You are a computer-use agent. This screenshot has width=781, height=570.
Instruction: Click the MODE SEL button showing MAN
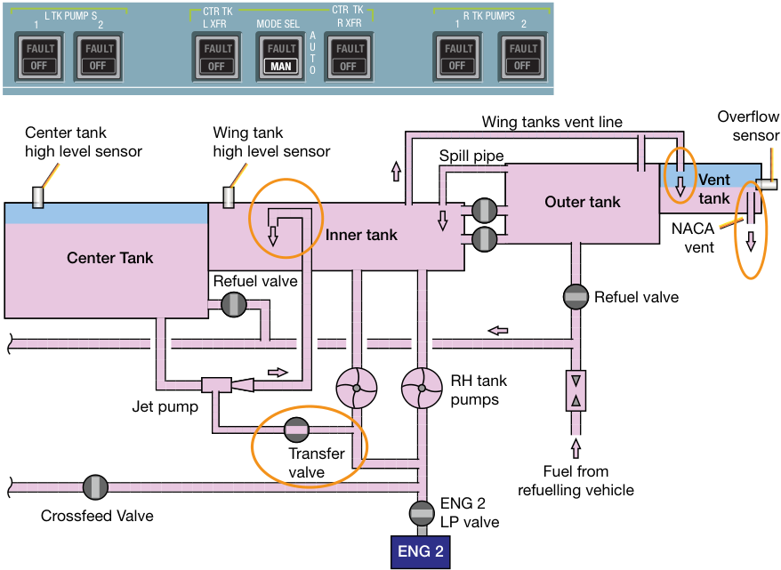coord(280,57)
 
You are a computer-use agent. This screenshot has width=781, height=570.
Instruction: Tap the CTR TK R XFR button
coord(349,57)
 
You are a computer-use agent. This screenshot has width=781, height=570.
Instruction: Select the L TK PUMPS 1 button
coord(39,57)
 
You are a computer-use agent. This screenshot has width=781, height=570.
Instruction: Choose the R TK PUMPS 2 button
coord(522,57)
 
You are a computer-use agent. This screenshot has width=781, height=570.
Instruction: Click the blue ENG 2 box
coord(421,551)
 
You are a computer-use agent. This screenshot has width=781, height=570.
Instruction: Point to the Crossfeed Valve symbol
coord(95,487)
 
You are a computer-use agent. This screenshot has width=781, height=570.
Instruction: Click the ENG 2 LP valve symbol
coord(422,513)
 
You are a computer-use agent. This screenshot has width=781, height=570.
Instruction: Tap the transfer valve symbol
coord(296,430)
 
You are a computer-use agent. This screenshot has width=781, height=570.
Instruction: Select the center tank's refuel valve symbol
coord(234,304)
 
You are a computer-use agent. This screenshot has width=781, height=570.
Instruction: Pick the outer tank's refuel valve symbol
coord(576,297)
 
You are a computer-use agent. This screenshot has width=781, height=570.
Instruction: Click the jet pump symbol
coord(228,385)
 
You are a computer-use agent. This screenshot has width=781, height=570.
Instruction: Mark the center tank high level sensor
coord(38,197)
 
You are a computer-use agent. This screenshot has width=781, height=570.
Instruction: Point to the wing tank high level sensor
coord(229,197)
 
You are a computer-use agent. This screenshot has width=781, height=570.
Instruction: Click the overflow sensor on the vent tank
coord(767,184)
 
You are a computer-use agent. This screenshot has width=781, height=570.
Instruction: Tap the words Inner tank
coord(361,235)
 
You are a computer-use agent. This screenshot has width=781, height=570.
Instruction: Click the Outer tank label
coord(583,202)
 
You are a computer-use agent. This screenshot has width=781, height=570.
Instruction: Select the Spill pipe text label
coord(471,156)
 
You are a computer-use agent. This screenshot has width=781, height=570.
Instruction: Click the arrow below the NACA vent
coord(751,241)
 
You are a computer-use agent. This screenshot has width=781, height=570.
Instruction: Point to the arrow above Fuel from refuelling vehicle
coord(576,447)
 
